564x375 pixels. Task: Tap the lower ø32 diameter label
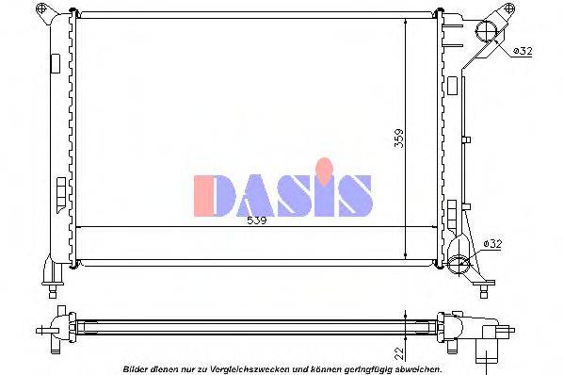pos(492,243)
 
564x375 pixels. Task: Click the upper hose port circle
pos(489,31)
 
